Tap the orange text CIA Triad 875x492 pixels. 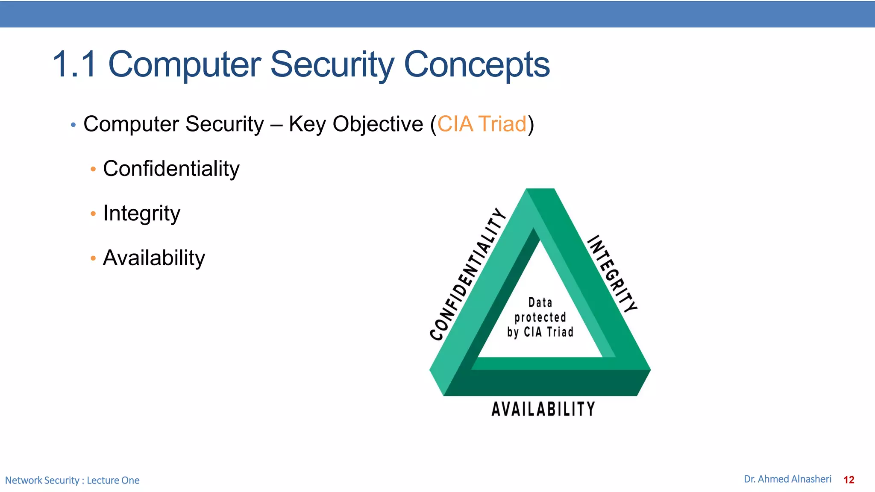click(x=482, y=124)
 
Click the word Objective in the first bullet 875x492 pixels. click(x=378, y=125)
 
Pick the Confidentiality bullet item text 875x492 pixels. click(x=171, y=169)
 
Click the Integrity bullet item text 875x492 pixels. click(x=141, y=213)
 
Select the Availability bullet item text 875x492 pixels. click(x=154, y=258)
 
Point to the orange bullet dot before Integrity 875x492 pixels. click(x=93, y=214)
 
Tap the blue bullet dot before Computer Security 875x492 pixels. click(x=73, y=125)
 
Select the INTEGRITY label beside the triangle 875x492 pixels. click(x=612, y=273)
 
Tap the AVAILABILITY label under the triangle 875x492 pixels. click(x=543, y=409)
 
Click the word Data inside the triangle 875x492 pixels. click(x=540, y=303)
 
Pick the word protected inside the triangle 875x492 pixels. click(x=540, y=317)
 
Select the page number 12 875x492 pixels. click(x=849, y=480)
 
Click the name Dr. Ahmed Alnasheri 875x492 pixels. click(x=787, y=479)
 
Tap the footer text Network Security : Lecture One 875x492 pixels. click(x=72, y=480)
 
